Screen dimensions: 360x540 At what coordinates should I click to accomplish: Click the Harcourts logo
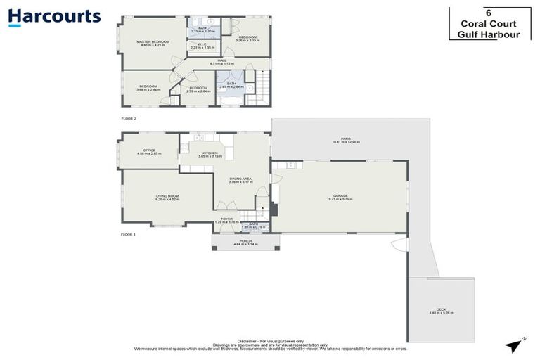coord(55,17)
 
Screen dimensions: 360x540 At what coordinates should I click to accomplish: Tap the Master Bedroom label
coord(153,42)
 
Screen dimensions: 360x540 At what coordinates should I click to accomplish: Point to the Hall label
coord(221,61)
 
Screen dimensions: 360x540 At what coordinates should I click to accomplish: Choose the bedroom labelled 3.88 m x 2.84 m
coord(148,87)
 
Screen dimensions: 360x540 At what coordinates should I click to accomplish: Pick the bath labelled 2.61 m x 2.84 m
coord(231,85)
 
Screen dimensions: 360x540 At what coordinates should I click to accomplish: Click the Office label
coord(148,150)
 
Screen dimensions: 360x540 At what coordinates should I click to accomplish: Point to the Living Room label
coord(167,197)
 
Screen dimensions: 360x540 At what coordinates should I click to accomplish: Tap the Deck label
coord(441,310)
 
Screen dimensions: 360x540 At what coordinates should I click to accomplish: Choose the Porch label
coord(245,241)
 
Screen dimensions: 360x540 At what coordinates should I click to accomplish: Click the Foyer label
coord(226,219)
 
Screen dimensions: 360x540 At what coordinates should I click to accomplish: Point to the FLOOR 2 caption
coord(127,119)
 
